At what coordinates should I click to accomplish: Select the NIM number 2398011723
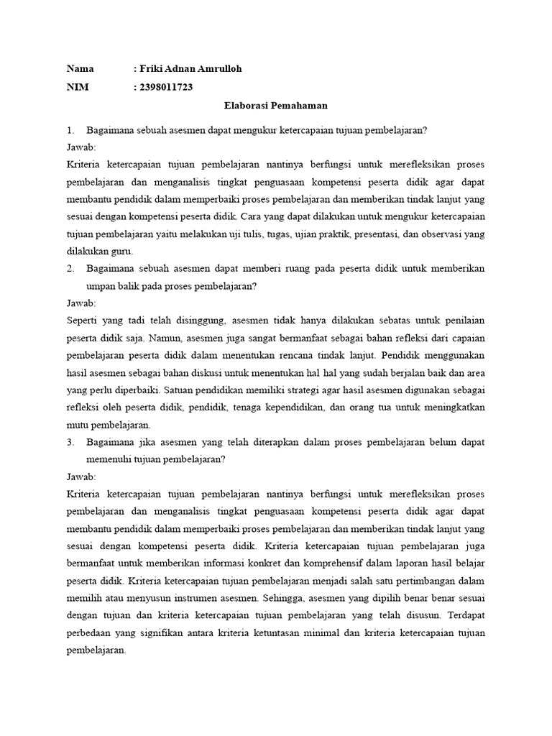166,87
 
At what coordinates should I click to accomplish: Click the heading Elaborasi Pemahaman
276,106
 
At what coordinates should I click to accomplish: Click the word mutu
78,425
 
